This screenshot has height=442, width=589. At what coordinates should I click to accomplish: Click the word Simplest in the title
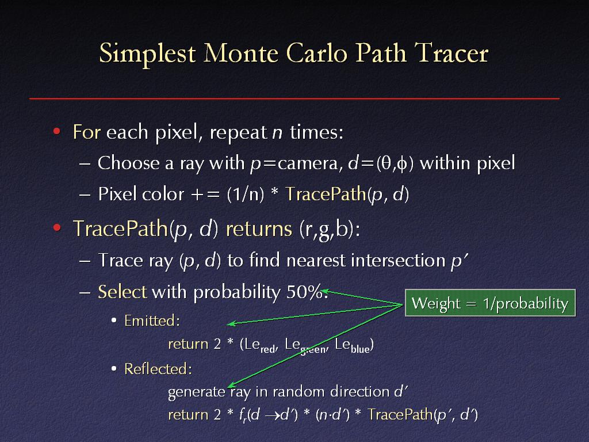click(x=147, y=54)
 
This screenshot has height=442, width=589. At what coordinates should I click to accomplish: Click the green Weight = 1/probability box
click(x=490, y=303)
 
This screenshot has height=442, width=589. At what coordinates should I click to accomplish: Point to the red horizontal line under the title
click(x=294, y=98)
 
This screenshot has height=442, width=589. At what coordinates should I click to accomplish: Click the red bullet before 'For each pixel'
click(x=57, y=132)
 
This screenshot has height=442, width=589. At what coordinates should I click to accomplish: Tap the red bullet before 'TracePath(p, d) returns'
click(x=57, y=228)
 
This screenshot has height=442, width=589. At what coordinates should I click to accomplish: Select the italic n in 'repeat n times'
click(x=277, y=132)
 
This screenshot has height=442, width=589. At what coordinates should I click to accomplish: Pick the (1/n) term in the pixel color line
click(x=246, y=195)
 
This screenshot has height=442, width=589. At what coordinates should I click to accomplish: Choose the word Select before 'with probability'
click(x=122, y=292)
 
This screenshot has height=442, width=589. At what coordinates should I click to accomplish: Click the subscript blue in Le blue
click(x=360, y=349)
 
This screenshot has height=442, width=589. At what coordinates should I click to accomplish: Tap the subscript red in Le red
click(x=268, y=349)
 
